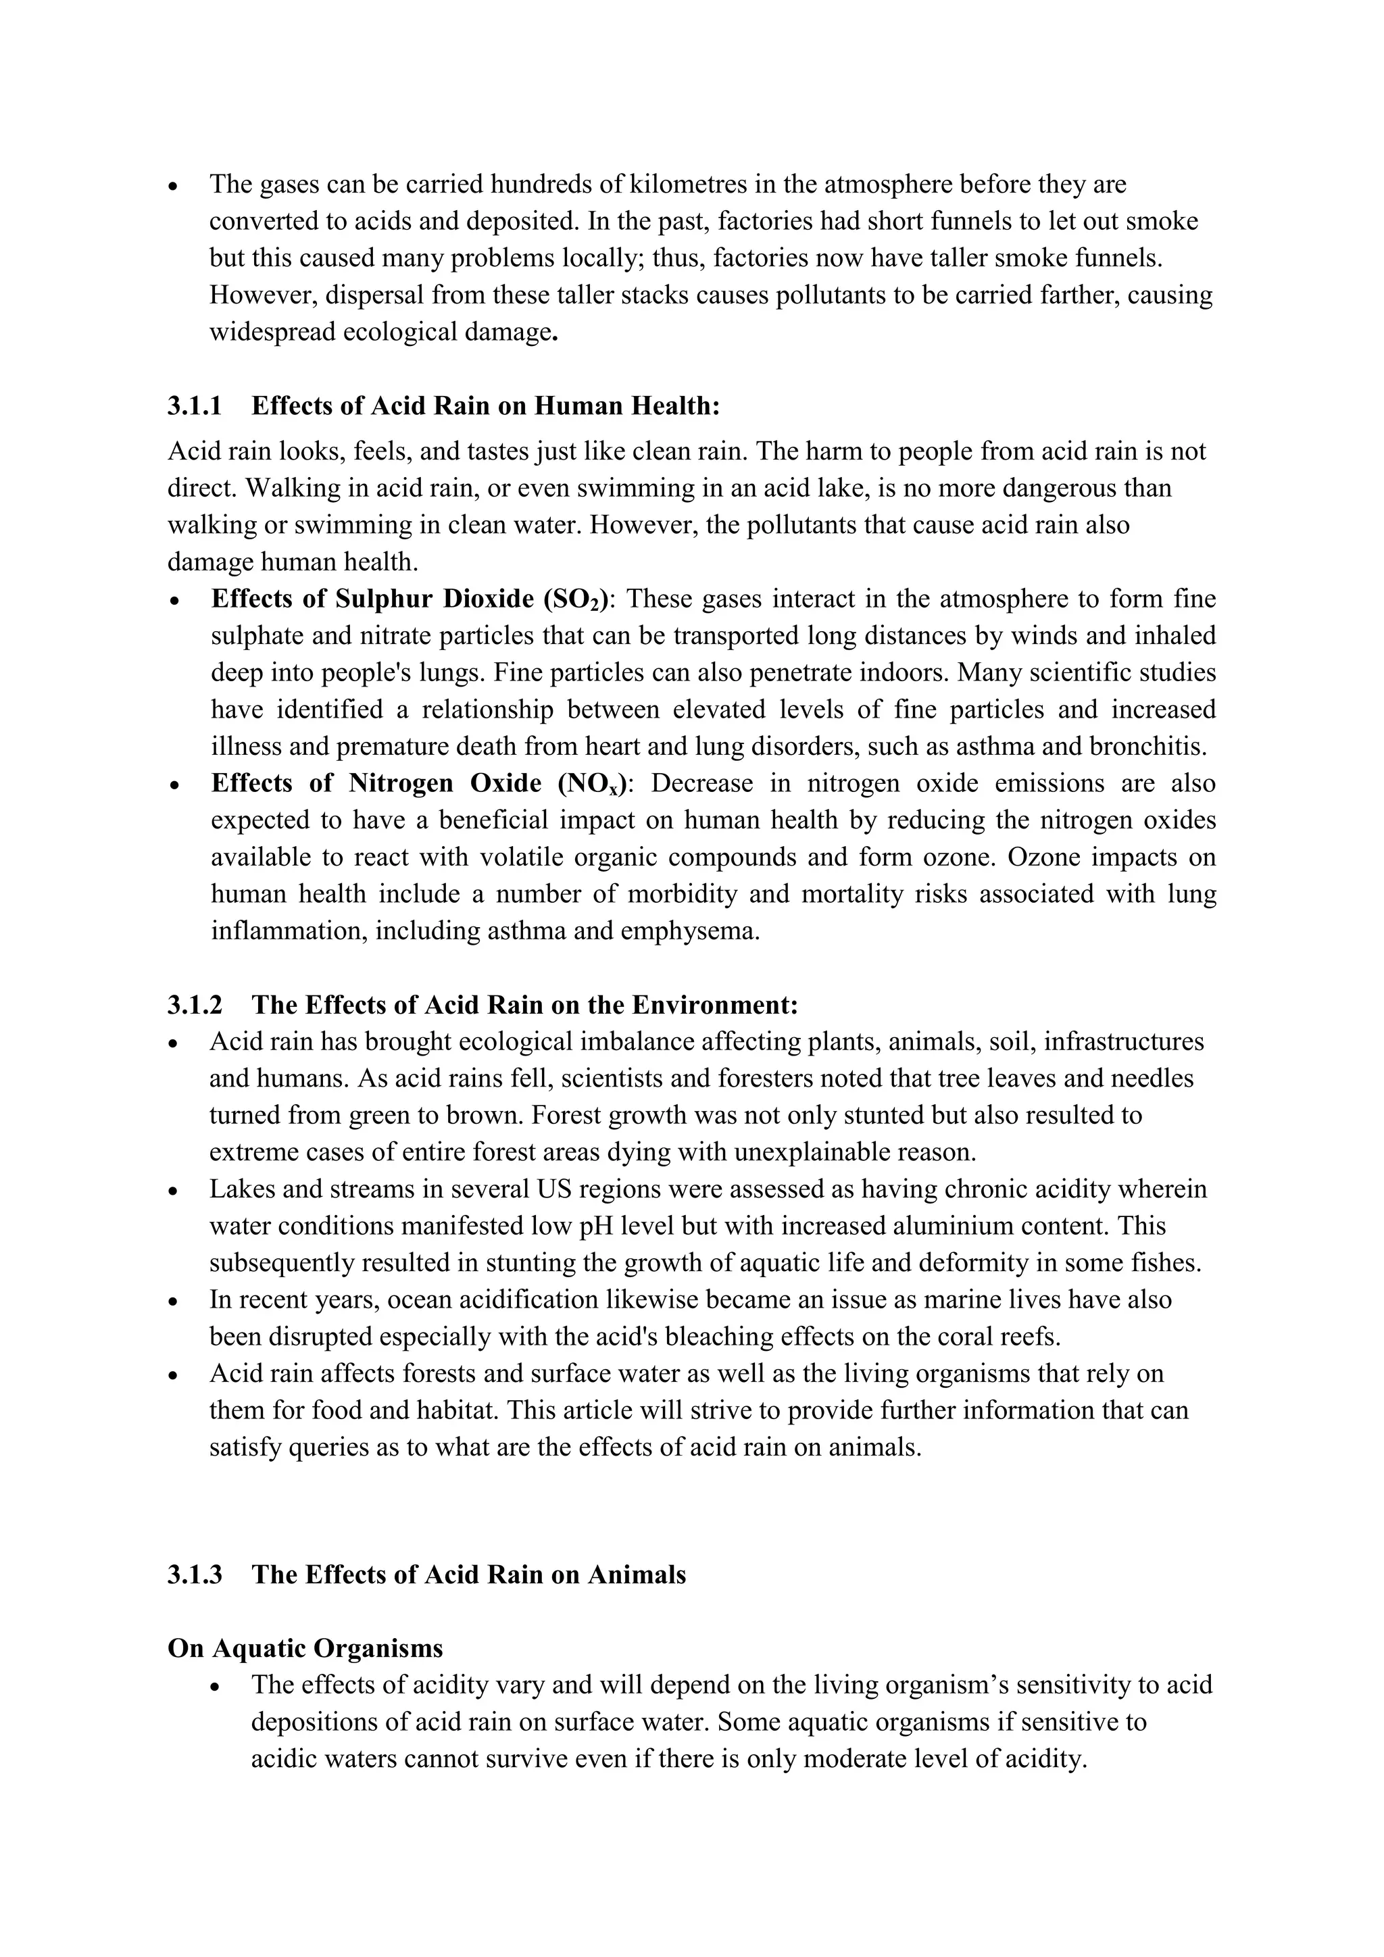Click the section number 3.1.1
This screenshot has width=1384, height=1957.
[195, 405]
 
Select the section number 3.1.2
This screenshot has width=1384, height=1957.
[195, 1005]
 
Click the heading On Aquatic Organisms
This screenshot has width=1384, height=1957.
[305, 1648]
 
